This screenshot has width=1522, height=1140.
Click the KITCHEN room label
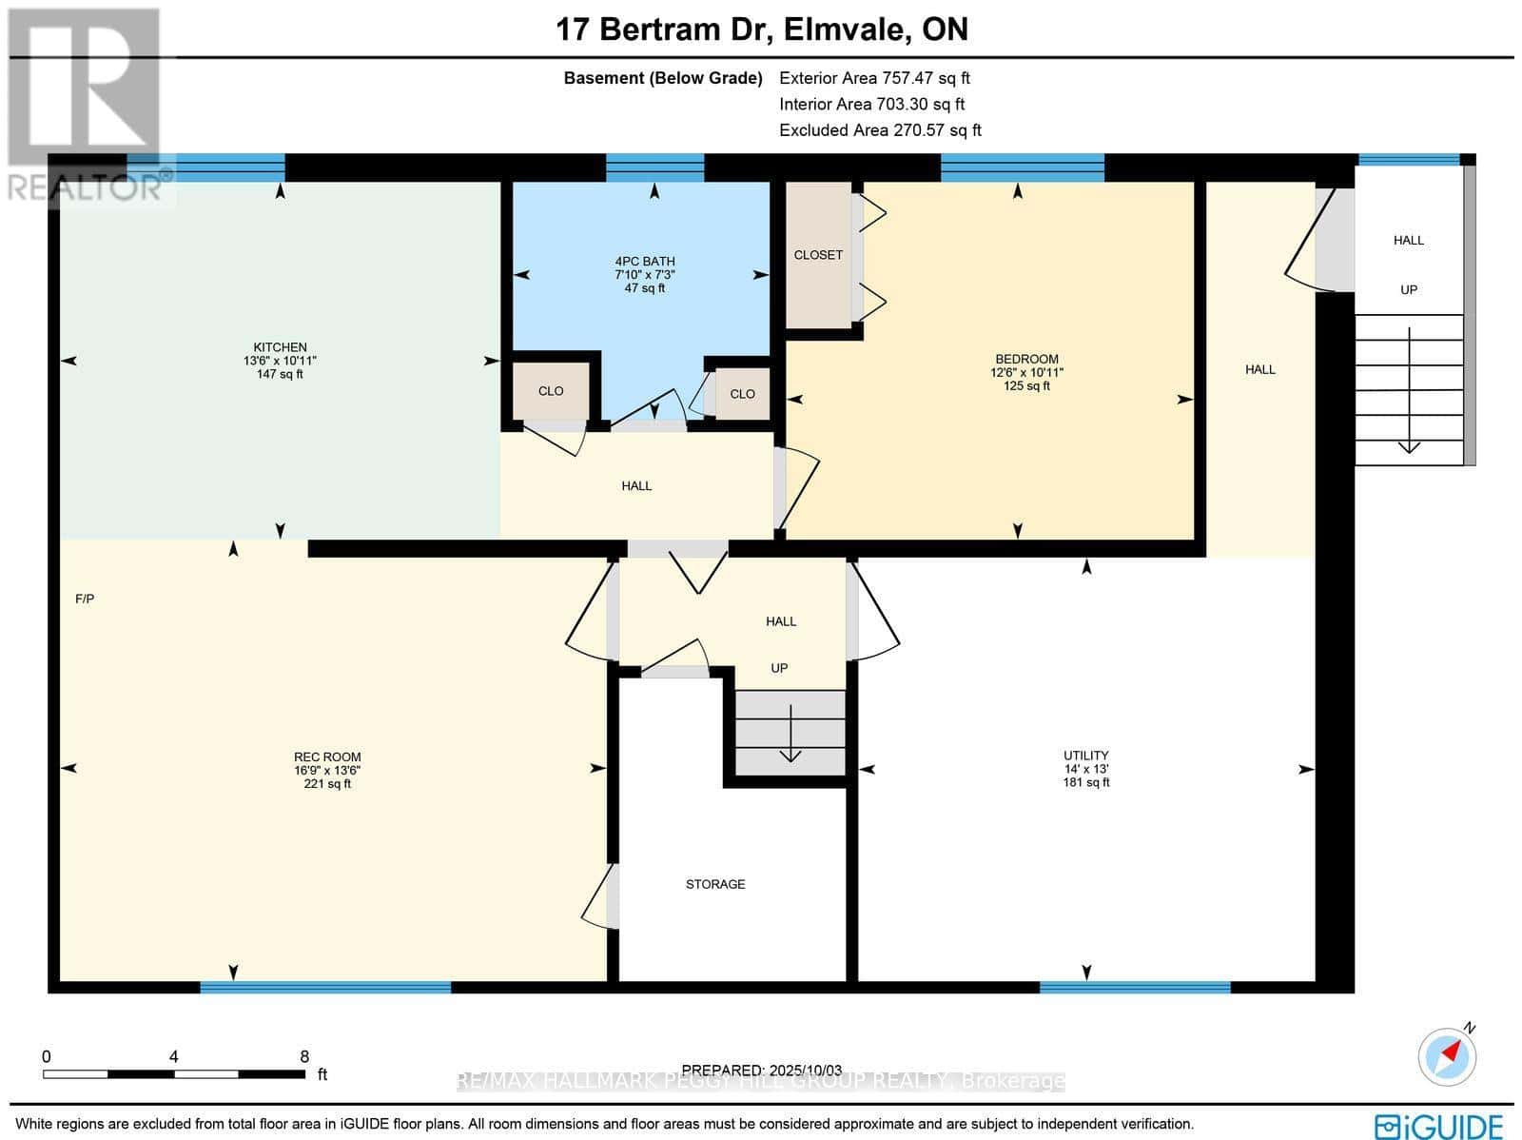[x=280, y=347]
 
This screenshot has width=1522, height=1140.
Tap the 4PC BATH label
[x=645, y=262]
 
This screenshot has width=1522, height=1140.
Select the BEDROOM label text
[x=1026, y=360]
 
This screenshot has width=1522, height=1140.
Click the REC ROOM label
[x=327, y=757]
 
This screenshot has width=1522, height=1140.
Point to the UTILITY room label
[x=1086, y=756]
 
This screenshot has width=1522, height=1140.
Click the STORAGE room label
[x=715, y=884]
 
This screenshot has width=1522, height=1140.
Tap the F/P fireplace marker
[x=85, y=599]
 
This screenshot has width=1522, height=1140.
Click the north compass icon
[x=1447, y=1055]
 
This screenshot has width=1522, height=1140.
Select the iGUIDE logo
[x=1438, y=1126]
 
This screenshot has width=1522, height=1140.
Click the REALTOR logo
[x=86, y=105]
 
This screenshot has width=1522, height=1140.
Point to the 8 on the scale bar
[x=304, y=1056]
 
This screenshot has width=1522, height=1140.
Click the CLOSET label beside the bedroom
[x=818, y=255]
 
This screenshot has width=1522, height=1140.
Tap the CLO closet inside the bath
[x=742, y=394]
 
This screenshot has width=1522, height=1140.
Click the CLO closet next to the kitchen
[x=551, y=391]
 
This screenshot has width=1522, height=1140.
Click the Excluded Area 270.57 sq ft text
[x=880, y=130]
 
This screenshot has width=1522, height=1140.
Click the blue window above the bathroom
[x=654, y=167]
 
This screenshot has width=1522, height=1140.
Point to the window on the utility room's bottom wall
[x=1134, y=988]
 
